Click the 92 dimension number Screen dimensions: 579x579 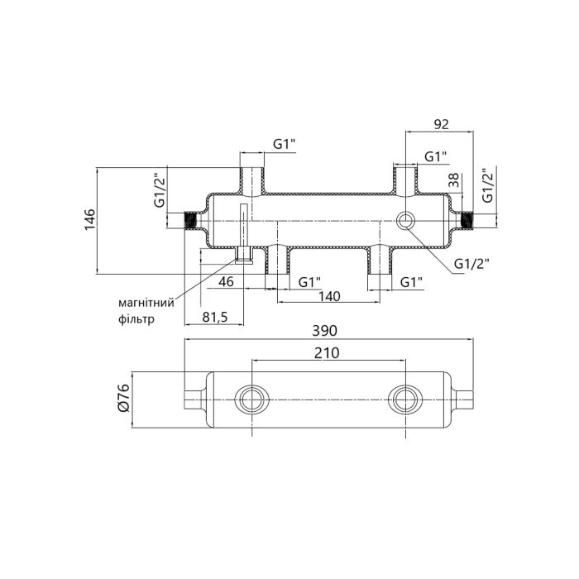coord(440,124)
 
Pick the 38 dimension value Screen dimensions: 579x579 coord(453,181)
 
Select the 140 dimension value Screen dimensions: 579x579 coord(330,297)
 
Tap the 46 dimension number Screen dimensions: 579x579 coord(225,282)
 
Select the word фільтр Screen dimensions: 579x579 coord(136,318)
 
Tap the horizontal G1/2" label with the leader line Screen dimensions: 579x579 coord(471,264)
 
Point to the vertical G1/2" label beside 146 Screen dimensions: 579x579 coord(160,191)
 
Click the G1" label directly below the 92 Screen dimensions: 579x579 coord(436,156)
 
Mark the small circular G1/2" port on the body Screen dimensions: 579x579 coord(408,221)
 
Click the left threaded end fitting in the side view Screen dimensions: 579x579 coord(192,221)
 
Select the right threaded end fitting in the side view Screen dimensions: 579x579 coord(467,221)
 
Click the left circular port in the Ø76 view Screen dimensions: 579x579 coord(251,399)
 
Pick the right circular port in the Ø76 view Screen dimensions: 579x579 coord(404,399)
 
